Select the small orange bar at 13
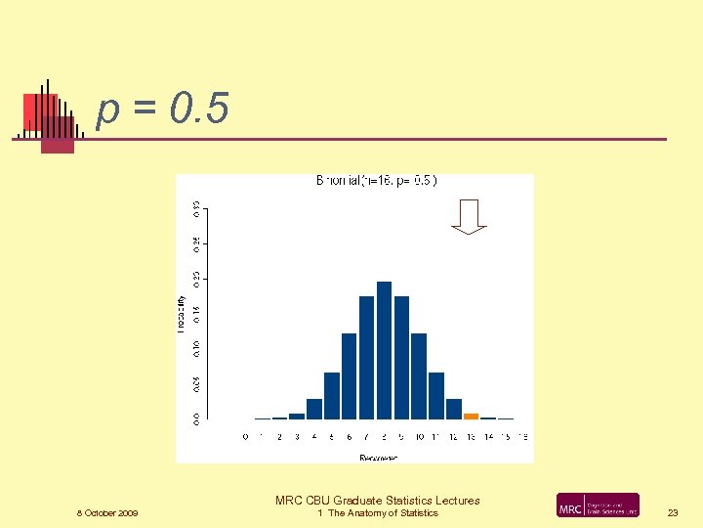pyautogui.click(x=471, y=416)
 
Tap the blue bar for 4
pyautogui.click(x=314, y=409)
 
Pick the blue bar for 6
pyautogui.click(x=349, y=375)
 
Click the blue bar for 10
pyautogui.click(x=419, y=375)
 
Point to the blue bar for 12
pyautogui.click(x=454, y=409)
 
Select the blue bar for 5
pyautogui.click(x=332, y=395)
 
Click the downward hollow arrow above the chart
pyautogui.click(x=470, y=216)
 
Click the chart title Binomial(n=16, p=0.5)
pyautogui.click(x=377, y=181)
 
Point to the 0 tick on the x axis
pyautogui.click(x=245, y=436)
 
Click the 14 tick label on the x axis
pyautogui.click(x=488, y=436)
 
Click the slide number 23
pyautogui.click(x=673, y=512)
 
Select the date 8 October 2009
pyautogui.click(x=107, y=513)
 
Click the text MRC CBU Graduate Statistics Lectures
pyautogui.click(x=378, y=501)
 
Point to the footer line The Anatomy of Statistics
pyautogui.click(x=378, y=513)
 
